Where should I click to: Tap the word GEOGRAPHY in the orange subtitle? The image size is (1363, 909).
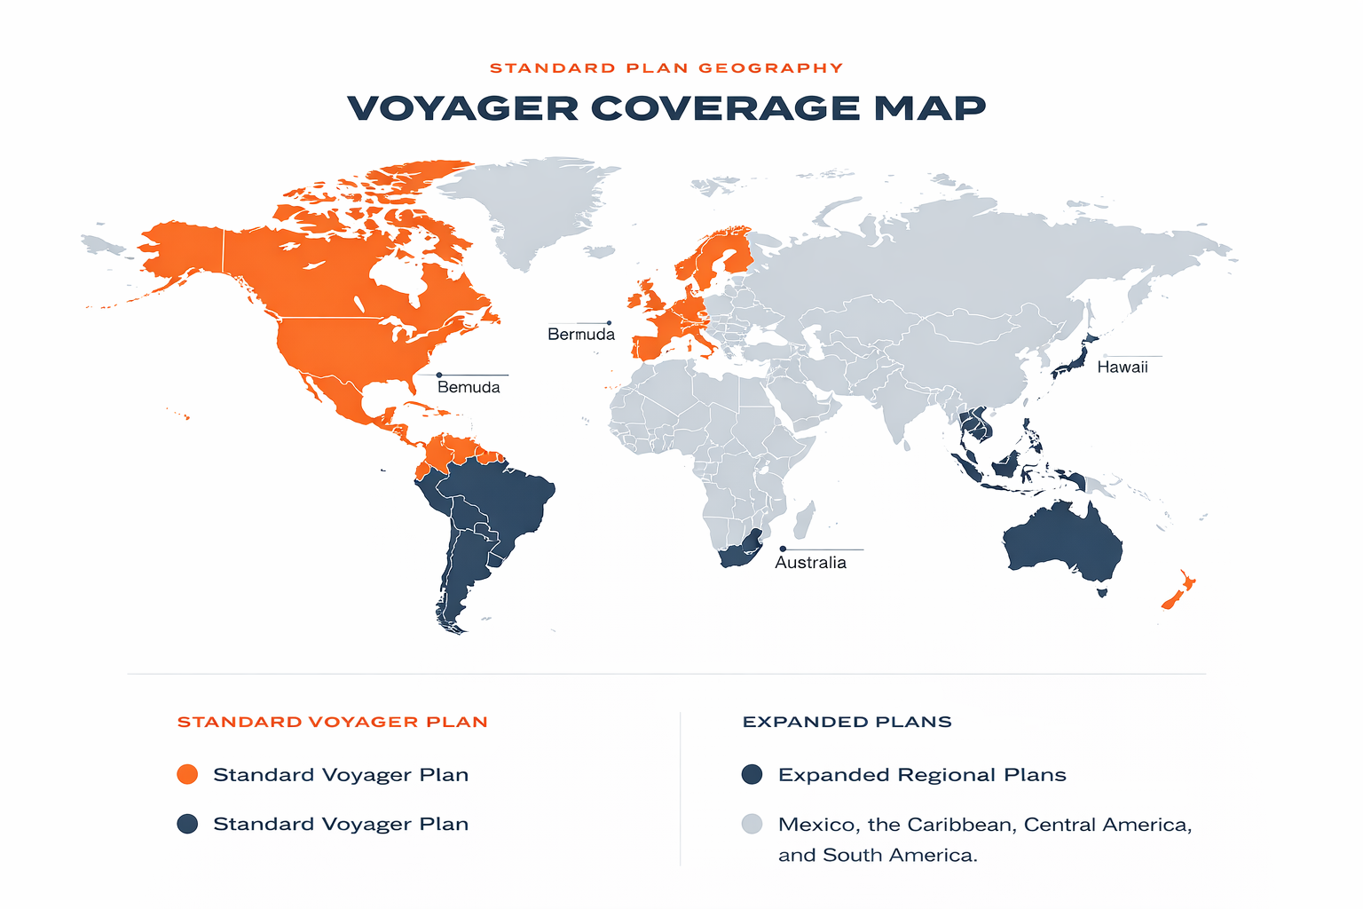[770, 68]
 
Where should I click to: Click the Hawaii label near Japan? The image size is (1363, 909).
[1122, 368]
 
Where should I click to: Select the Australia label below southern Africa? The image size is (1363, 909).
[810, 563]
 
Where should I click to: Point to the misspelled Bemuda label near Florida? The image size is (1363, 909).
[469, 388]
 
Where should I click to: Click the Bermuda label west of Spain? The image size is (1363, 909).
[581, 335]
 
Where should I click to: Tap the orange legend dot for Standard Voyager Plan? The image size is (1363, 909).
[187, 774]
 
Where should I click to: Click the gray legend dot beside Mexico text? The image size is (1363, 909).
[752, 824]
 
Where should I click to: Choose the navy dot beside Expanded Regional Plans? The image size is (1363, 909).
[752, 774]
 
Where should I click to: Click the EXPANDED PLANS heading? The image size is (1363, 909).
[847, 722]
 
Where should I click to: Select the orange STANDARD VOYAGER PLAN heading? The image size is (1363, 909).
[333, 722]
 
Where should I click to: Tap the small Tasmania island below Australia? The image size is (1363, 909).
[1103, 591]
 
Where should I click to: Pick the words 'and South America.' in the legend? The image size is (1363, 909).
[877, 856]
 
